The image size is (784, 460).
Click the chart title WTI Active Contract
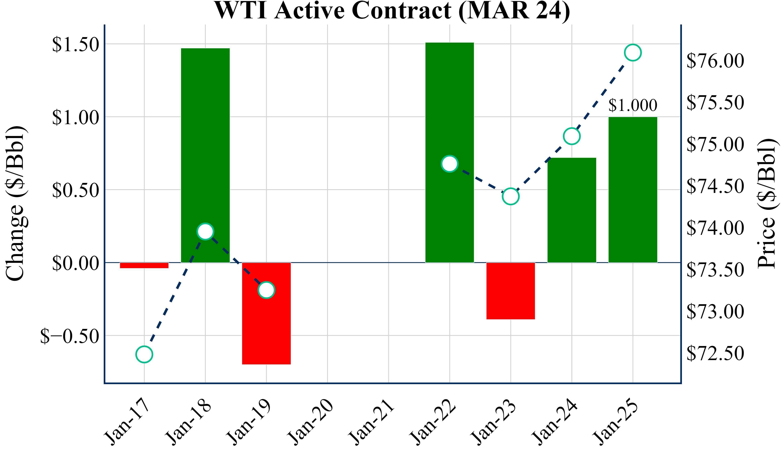392,11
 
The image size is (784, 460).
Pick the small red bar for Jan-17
144,265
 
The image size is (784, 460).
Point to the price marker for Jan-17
144,354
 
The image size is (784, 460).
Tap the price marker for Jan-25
633,53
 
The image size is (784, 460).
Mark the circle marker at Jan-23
511,196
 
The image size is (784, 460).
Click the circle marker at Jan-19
266,290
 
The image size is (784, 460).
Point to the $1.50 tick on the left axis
75,44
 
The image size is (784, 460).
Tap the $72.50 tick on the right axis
715,353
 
